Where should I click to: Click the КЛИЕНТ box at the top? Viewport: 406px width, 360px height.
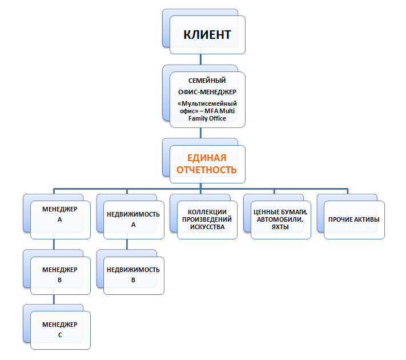pyautogui.click(x=207, y=35)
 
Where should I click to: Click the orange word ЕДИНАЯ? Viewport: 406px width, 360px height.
pyautogui.click(x=207, y=158)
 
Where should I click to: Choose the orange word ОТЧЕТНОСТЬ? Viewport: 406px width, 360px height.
pyautogui.click(x=207, y=170)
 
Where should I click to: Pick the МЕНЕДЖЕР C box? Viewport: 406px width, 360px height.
pyautogui.click(x=60, y=330)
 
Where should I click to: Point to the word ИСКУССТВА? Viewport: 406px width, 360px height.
pyautogui.click(x=207, y=227)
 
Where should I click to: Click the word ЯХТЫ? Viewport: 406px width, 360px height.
pyautogui.click(x=280, y=227)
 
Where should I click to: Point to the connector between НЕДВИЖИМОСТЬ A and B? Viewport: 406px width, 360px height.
pyautogui.click(x=127, y=244)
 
